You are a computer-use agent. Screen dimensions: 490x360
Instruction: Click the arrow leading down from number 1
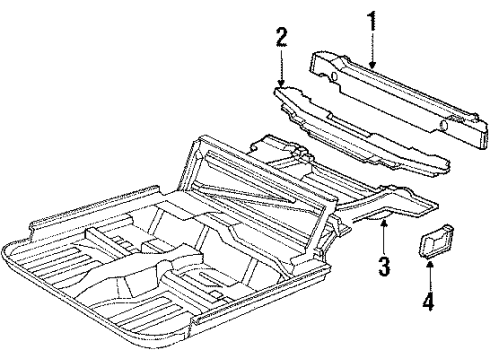click(372, 50)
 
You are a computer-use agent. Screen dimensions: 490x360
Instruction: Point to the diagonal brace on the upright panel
click(225, 185)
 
